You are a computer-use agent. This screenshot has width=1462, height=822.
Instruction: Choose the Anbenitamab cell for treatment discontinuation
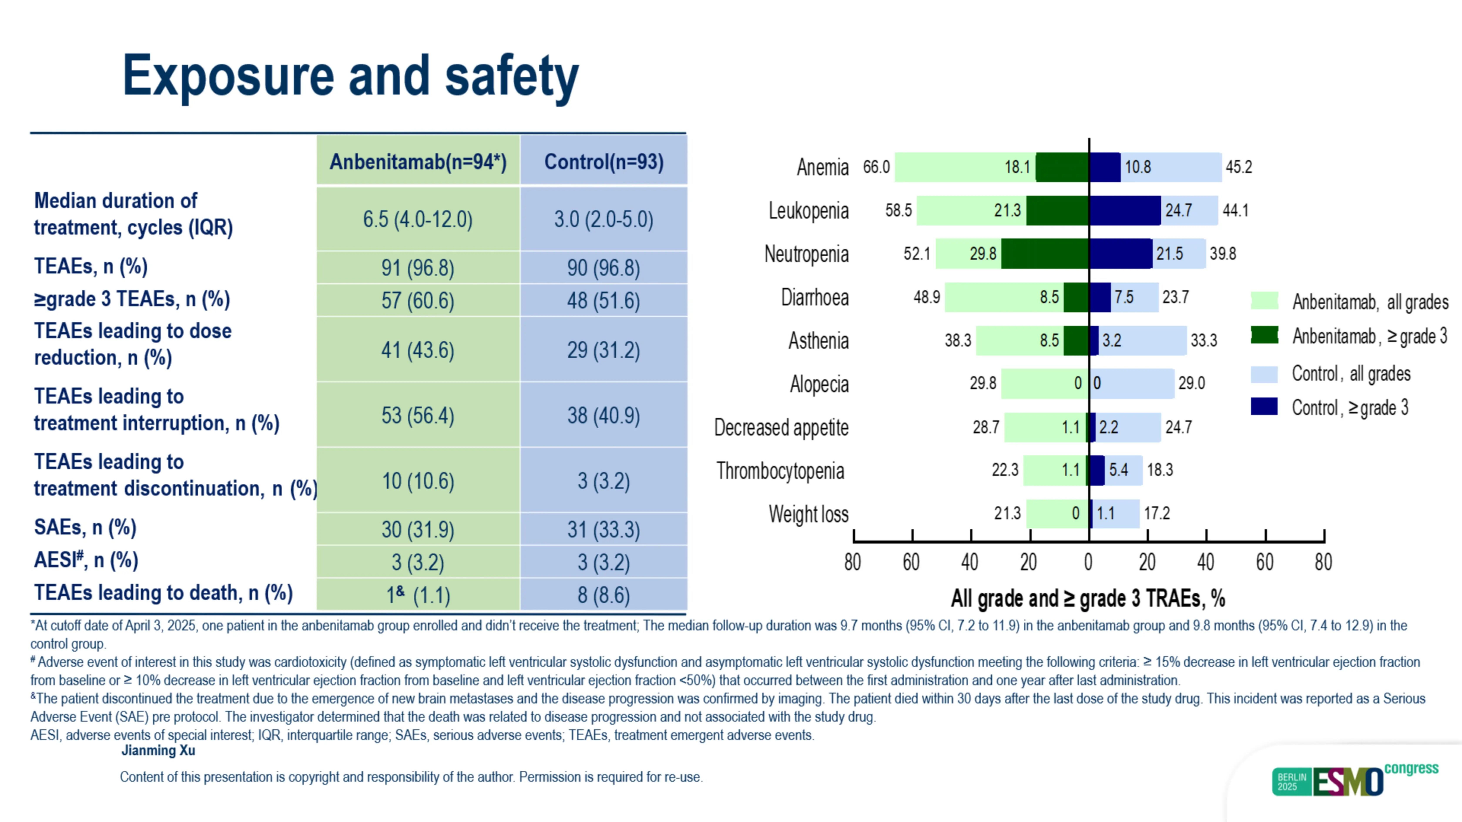pyautogui.click(x=418, y=481)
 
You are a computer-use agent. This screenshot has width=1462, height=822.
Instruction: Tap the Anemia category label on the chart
pyautogui.click(x=822, y=167)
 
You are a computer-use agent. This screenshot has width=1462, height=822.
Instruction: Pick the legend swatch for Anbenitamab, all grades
pyautogui.click(x=1264, y=301)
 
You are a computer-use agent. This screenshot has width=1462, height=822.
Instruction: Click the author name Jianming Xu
pyautogui.click(x=158, y=750)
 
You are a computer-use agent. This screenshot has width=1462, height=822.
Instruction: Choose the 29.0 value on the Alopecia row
pyautogui.click(x=1191, y=383)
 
